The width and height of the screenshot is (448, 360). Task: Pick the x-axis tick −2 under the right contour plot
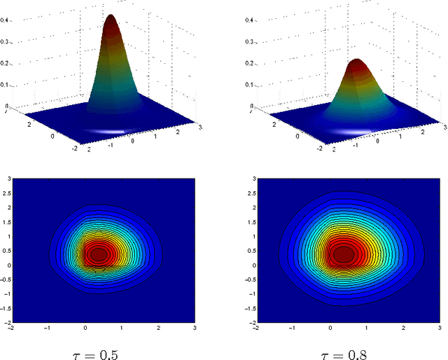[255, 328]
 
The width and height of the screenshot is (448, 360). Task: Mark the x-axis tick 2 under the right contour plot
[403, 328]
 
